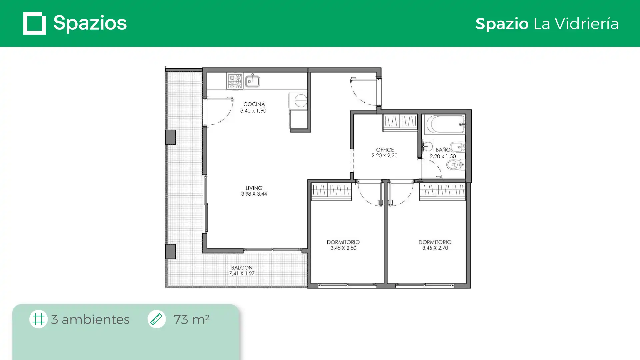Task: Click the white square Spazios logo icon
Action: pos(35,23)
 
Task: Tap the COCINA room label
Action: pos(254,104)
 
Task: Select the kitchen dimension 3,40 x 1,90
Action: pos(253,111)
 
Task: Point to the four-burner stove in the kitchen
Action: pos(235,81)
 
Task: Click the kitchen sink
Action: pos(253,81)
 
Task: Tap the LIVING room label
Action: pos(254,188)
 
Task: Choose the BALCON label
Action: pos(242,268)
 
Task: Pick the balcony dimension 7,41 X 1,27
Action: pos(242,273)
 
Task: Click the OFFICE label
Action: pos(385,150)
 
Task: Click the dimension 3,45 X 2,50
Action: pos(343,248)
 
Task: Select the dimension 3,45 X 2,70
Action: pos(435,248)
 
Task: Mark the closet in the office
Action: pos(400,122)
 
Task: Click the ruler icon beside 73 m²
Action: pos(156,319)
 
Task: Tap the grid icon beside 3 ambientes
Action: pos(38,319)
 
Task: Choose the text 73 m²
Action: pos(191,319)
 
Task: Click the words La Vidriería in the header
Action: pos(576,23)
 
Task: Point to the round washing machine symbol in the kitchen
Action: pos(301,100)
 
